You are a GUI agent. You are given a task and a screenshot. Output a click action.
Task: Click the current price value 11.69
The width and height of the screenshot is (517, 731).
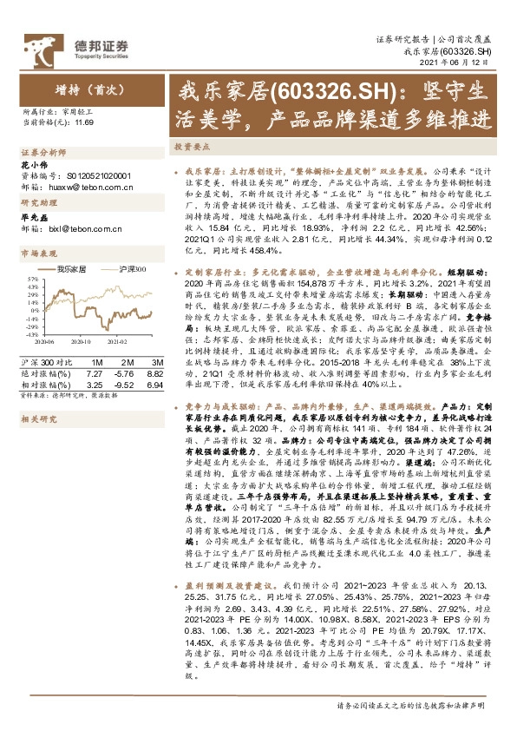click(83, 123)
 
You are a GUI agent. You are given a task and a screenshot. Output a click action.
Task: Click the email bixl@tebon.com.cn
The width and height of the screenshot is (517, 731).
click(79, 229)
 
